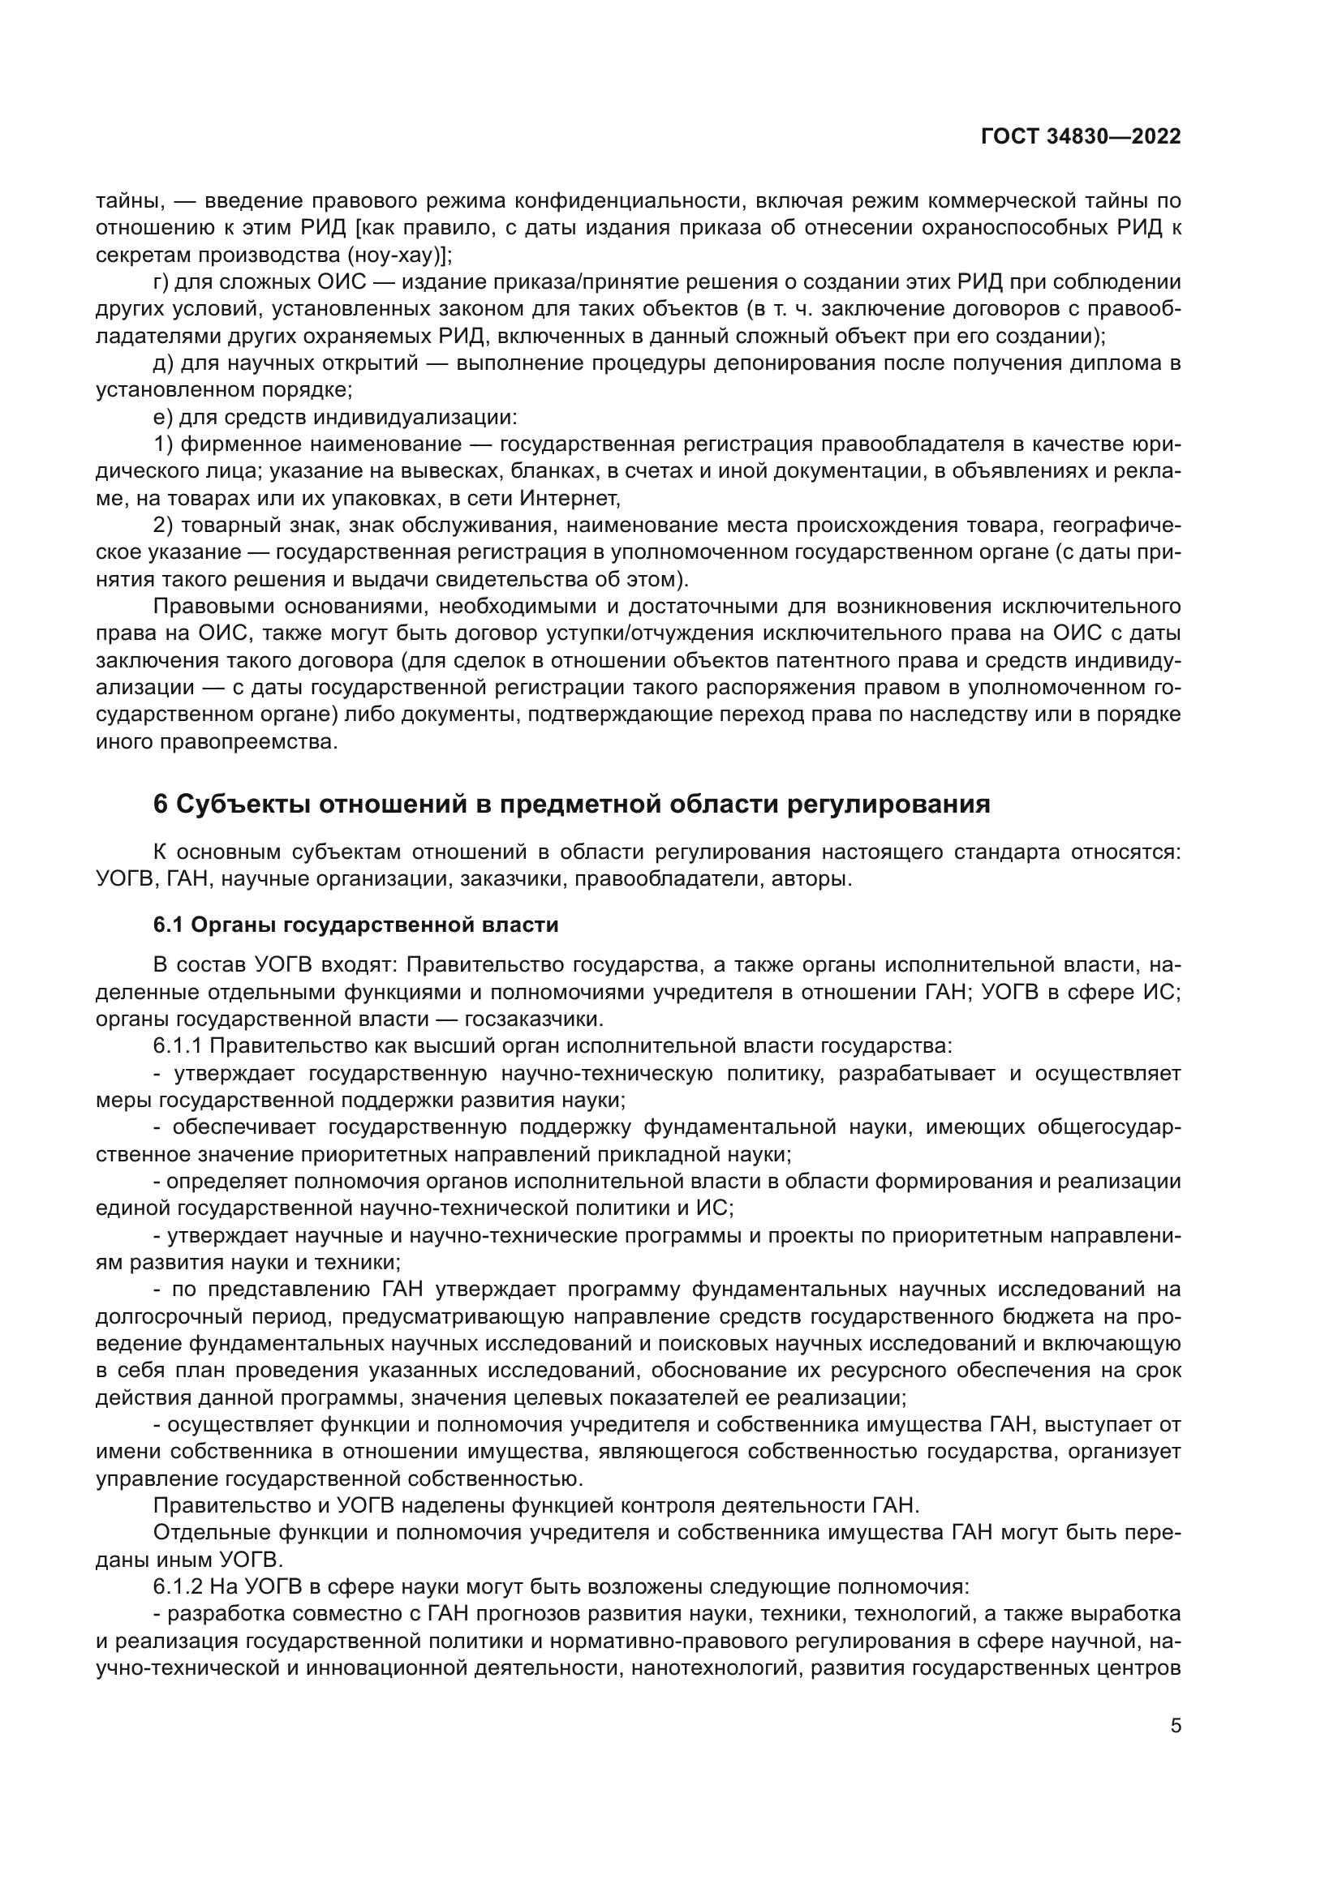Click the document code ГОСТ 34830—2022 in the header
[1080, 137]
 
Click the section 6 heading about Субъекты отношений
[572, 804]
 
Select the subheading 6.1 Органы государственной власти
[355, 925]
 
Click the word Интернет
[570, 498]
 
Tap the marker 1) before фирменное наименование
[163, 444]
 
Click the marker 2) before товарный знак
[163, 526]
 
